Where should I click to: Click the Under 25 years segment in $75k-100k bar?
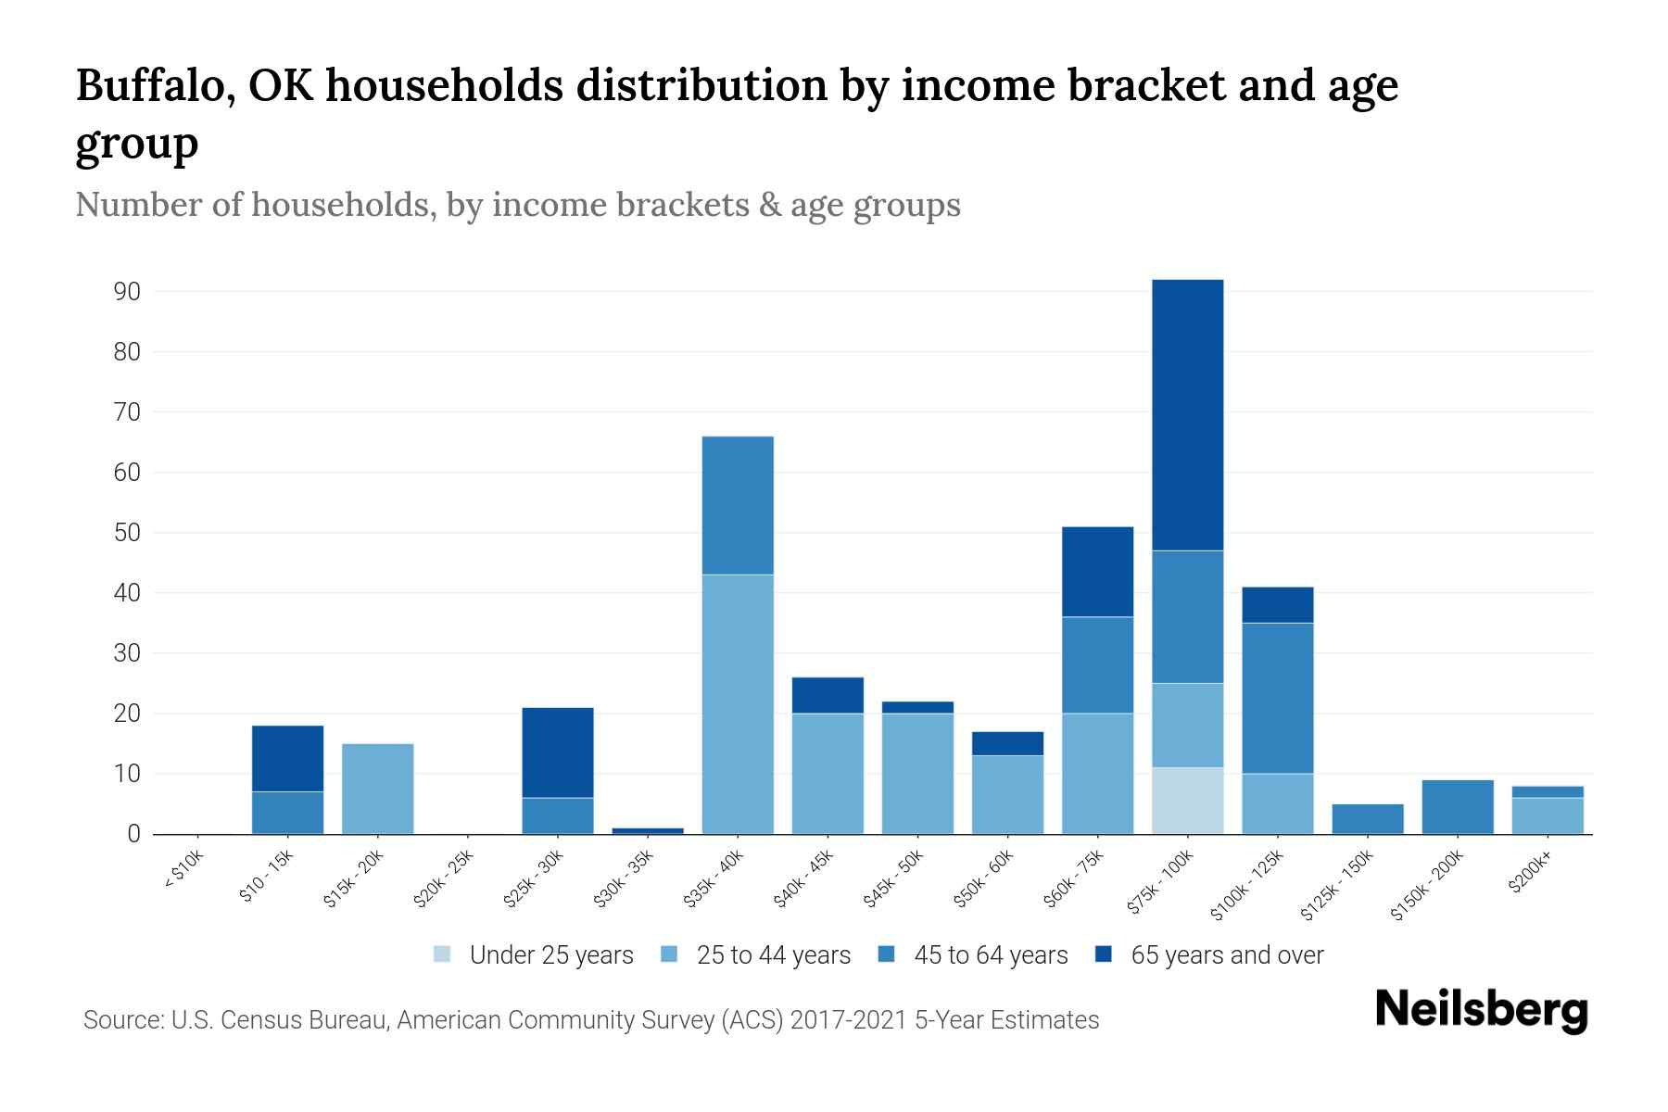click(1187, 801)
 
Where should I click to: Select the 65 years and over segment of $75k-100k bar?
click(1187, 415)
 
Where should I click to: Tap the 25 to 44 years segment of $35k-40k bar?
click(738, 704)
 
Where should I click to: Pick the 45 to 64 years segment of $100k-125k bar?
click(1277, 698)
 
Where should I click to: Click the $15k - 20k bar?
click(377, 789)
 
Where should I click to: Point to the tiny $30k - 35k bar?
click(648, 830)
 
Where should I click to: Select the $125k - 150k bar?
click(1367, 819)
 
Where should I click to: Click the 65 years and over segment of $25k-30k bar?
click(558, 752)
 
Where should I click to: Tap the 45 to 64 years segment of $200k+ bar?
click(1547, 791)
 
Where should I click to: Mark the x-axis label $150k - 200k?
click(1427, 884)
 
